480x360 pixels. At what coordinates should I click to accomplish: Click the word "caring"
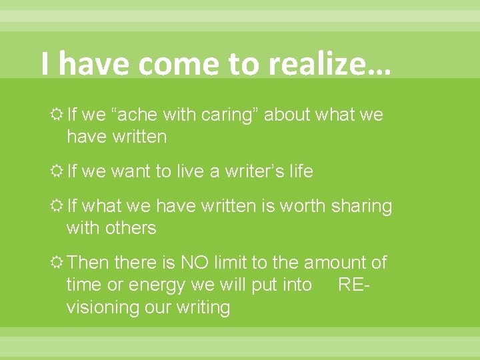[x=227, y=115]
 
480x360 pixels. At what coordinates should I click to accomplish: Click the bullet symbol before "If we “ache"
[x=57, y=115]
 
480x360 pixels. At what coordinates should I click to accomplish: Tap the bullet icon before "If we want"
[x=57, y=172]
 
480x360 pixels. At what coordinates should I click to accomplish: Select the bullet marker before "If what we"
[x=57, y=207]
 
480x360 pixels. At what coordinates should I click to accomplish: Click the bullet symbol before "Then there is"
[x=57, y=263]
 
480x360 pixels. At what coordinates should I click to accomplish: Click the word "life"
[x=299, y=171]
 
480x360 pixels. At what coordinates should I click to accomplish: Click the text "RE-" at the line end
[x=354, y=285]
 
